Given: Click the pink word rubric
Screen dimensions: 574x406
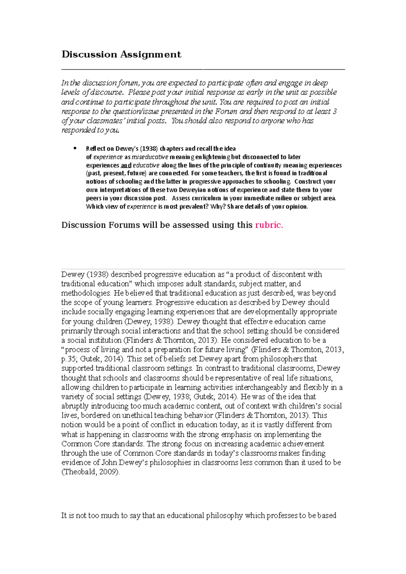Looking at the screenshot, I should click(269, 225).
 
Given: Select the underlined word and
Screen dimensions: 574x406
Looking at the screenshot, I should click(126, 165).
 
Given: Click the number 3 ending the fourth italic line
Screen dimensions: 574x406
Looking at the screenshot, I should click(335, 112).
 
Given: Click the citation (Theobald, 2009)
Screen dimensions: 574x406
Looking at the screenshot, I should click(90, 472).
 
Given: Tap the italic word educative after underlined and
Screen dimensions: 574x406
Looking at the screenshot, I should click(146, 165).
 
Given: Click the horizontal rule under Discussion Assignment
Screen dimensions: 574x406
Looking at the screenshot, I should click(203, 69).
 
